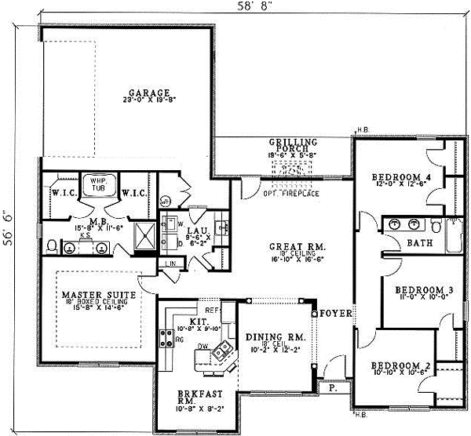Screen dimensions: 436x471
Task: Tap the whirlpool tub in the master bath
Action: pos(99,183)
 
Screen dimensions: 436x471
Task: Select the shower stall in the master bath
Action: pos(144,235)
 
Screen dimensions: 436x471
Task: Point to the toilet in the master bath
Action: pos(51,246)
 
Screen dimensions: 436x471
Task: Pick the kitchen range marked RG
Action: pos(166,339)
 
